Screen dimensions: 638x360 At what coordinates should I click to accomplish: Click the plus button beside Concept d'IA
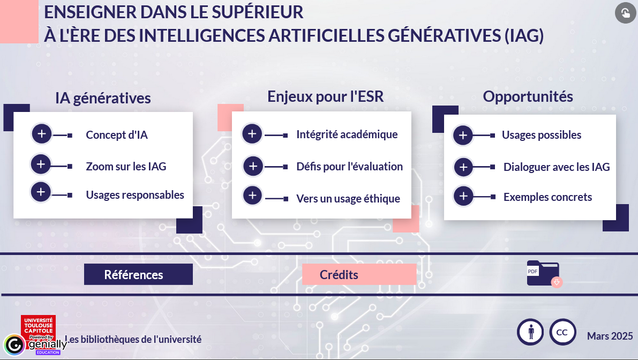(x=41, y=134)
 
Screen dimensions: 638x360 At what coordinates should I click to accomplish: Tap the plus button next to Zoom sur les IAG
(x=41, y=164)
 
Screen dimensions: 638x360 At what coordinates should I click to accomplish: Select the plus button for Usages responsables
(x=41, y=192)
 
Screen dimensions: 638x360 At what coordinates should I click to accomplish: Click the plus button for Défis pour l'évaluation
(x=253, y=166)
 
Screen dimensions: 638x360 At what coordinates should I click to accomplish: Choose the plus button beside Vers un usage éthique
(x=252, y=195)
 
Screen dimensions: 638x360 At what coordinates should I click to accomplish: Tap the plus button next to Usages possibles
(x=463, y=135)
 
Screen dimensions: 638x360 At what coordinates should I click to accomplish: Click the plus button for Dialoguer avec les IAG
(x=463, y=167)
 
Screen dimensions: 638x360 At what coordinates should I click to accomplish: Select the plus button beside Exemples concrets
(x=463, y=196)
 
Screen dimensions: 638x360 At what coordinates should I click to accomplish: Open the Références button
(x=138, y=274)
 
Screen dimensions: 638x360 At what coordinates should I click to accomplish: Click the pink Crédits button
(x=359, y=274)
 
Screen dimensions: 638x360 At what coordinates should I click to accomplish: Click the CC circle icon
(x=562, y=332)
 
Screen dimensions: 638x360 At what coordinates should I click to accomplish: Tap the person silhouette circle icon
(x=530, y=332)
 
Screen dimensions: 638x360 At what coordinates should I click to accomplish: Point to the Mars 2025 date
(x=610, y=336)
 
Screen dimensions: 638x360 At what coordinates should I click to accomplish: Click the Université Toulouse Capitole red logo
(x=38, y=326)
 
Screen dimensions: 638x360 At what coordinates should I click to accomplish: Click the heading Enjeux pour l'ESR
(x=326, y=97)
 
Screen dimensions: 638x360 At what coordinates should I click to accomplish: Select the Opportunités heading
(x=528, y=97)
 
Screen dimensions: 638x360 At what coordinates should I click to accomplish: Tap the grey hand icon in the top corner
(x=625, y=13)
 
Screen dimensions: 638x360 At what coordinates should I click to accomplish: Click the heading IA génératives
(x=103, y=99)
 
